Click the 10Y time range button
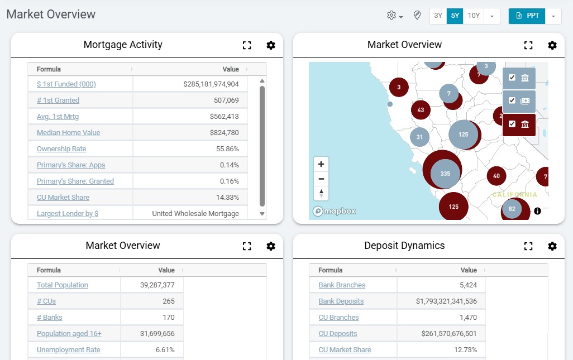click(x=474, y=16)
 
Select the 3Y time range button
click(x=438, y=16)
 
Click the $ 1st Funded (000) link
click(x=66, y=84)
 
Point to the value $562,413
click(x=224, y=117)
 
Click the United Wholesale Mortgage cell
click(x=195, y=214)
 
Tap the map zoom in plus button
click(x=321, y=165)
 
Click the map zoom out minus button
click(x=321, y=179)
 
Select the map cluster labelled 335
click(x=445, y=174)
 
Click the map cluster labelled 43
click(x=421, y=110)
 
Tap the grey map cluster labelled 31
click(x=419, y=137)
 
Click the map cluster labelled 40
click(x=496, y=176)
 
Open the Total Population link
click(x=62, y=285)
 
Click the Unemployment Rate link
click(x=68, y=350)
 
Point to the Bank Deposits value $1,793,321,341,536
click(x=446, y=301)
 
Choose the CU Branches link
click(x=338, y=318)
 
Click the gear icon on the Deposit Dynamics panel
click(x=552, y=246)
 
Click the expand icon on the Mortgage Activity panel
click(x=247, y=46)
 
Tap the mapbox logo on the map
click(x=334, y=212)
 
